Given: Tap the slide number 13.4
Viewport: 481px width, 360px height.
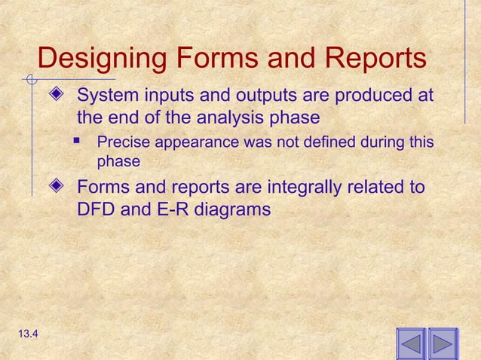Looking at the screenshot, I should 21,334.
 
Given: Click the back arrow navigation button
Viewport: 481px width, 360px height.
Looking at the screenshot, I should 411,344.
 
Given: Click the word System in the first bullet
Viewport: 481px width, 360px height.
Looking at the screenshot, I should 105,96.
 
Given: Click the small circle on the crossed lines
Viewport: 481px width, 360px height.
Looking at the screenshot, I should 30,78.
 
